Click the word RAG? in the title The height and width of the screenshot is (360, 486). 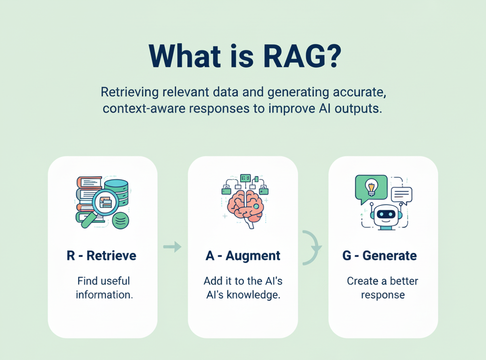(302, 56)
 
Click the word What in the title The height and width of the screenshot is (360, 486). (185, 56)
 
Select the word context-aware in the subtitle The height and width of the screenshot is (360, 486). (145, 109)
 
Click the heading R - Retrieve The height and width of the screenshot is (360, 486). (102, 256)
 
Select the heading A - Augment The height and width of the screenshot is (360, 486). (243, 256)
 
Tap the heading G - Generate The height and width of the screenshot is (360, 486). (379, 256)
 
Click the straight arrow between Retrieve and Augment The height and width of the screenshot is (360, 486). (172, 247)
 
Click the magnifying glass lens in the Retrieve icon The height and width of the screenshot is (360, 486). (105, 202)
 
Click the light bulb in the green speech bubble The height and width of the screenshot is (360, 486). (371, 187)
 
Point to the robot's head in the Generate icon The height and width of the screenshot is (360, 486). (386, 215)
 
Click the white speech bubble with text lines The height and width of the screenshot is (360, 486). (402, 195)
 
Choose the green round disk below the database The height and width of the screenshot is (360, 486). (121, 221)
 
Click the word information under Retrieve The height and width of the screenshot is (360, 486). (104, 294)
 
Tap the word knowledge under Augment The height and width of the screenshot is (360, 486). (254, 294)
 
